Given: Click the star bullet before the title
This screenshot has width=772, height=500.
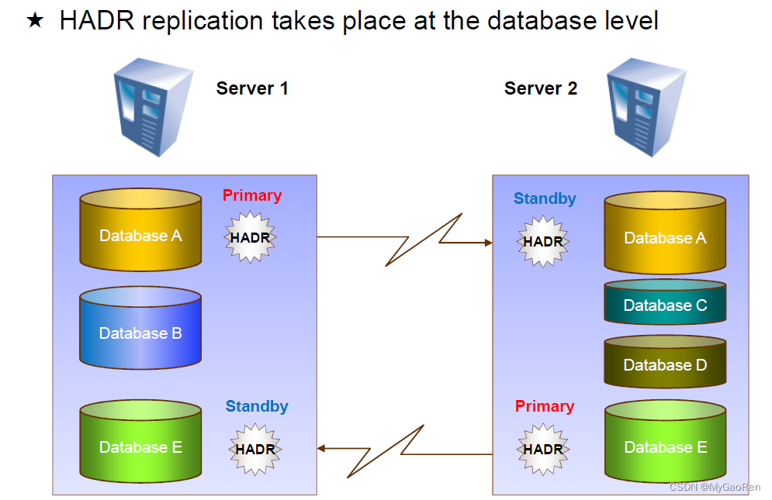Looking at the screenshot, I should click(34, 20).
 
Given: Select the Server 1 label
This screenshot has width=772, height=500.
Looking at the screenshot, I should click(252, 88).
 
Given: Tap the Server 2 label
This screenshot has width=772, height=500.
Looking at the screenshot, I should click(541, 88).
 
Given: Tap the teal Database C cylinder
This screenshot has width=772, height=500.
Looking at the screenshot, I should click(665, 302).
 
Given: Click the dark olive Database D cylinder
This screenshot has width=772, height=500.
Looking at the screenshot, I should click(665, 362).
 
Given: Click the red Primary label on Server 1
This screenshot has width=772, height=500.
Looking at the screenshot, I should click(252, 196).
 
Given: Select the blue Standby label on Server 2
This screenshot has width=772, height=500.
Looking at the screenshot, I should click(545, 199).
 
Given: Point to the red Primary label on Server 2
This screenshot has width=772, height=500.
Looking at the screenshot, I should click(545, 407).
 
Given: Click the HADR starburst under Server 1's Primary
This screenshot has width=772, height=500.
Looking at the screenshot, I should click(250, 238).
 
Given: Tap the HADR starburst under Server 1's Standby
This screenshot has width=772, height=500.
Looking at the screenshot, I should click(255, 449).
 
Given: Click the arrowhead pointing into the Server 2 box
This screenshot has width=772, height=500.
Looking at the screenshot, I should click(488, 243).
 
